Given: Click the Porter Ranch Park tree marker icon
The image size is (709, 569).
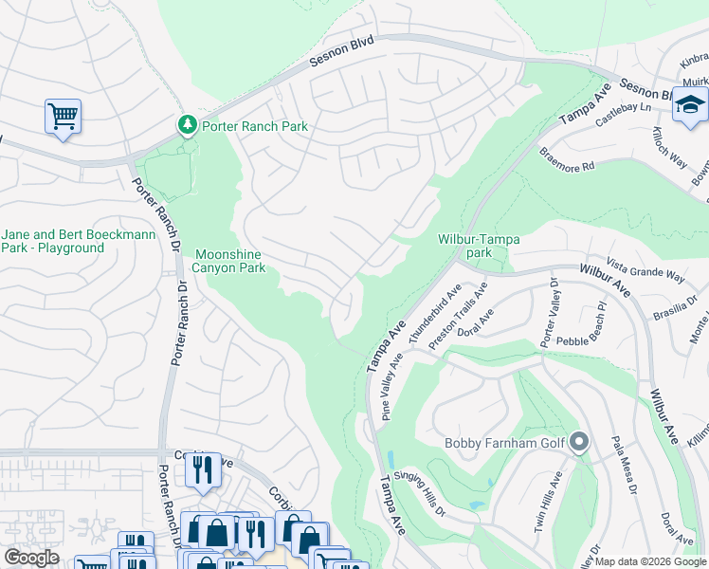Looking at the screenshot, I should click(187, 124).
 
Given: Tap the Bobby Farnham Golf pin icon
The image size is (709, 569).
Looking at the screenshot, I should click(578, 441).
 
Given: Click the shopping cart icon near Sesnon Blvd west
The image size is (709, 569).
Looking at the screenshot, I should click(63, 117).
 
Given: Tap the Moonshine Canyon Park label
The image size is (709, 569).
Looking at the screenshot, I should click(233, 261).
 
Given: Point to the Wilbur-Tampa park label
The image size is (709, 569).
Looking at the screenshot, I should click(478, 247).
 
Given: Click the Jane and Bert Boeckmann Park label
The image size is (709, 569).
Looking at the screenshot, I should click(52, 241).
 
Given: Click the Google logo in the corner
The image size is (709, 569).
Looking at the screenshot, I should click(32, 558).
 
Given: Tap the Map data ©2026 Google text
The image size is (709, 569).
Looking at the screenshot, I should click(649, 561).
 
